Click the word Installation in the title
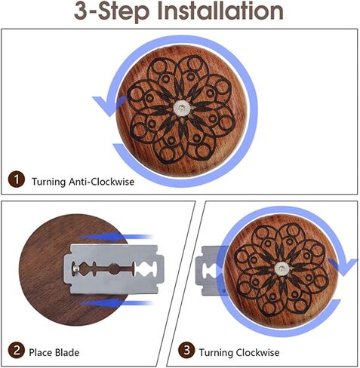coord(221,11)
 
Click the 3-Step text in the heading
coord(112,13)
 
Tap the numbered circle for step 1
coord(17,180)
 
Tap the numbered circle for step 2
coord(17,351)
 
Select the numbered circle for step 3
coord(186,350)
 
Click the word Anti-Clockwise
coord(102,182)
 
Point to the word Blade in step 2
coord(67,352)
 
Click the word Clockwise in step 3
coord(257,352)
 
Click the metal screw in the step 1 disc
coord(181,108)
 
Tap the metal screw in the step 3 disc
coord(282,268)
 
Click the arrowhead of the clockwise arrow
coord(344,267)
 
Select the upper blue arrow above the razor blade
coord(115,237)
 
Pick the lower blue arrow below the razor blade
coord(115,303)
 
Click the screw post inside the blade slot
coord(75,269)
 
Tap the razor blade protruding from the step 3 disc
coord(209,271)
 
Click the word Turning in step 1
coord(48,182)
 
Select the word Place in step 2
coord(40,352)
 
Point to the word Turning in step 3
coord(216,353)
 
